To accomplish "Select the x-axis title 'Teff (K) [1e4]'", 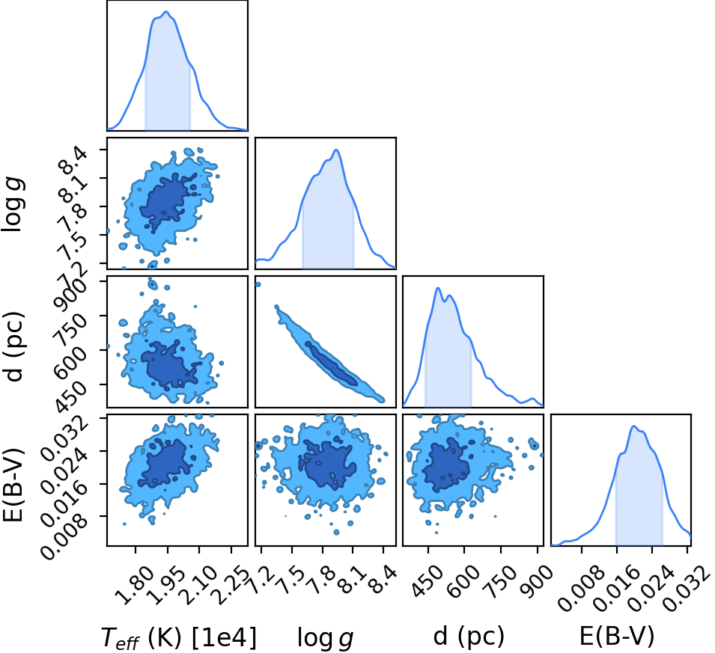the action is click(x=179, y=637).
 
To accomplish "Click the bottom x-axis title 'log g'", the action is click(x=325, y=637).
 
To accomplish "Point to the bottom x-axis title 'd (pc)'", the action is click(x=469, y=636).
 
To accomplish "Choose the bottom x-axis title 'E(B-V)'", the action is click(x=617, y=636).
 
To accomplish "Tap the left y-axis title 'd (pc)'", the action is click(x=14, y=346).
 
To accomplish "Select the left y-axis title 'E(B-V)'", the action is click(x=14, y=485).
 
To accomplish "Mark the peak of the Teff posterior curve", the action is click(x=166, y=11).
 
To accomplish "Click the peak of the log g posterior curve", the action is click(x=336, y=150).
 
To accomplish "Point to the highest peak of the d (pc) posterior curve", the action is click(x=438, y=288).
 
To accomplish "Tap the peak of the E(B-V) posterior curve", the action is click(x=633, y=426).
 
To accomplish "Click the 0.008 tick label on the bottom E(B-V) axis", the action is click(x=576, y=587).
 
